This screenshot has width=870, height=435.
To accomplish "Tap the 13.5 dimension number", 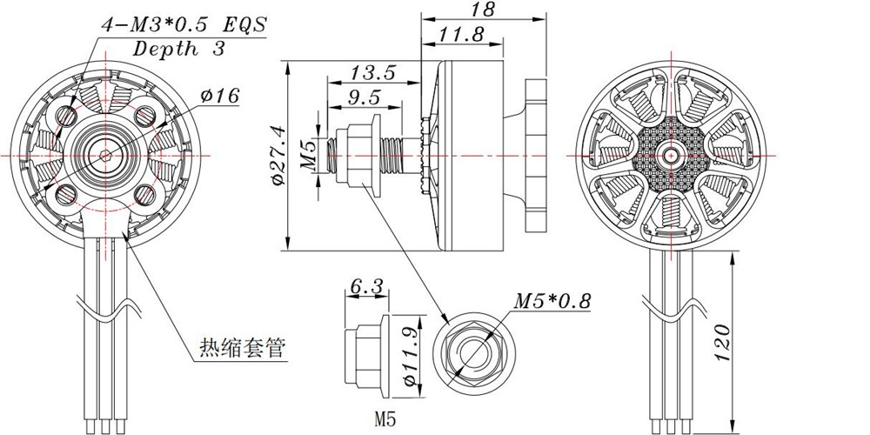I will click(x=372, y=72).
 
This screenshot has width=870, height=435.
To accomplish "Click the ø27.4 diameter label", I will click(x=278, y=156).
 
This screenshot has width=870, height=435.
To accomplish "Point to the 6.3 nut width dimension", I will click(x=366, y=285).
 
